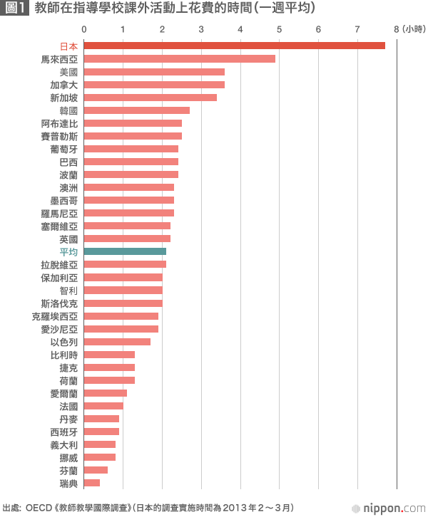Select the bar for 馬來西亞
pyautogui.click(x=179, y=58)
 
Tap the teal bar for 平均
pyautogui.click(x=125, y=251)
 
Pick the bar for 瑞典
pyautogui.click(x=92, y=483)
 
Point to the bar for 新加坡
pyautogui.click(x=150, y=97)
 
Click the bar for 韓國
pyautogui.click(x=136, y=110)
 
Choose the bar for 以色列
pyautogui.click(x=117, y=341)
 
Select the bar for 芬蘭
pyautogui.click(x=96, y=470)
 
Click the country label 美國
pyautogui.click(x=69, y=72)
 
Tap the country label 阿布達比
pyautogui.click(x=60, y=123)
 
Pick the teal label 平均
pyautogui.click(x=69, y=251)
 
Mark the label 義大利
pyautogui.click(x=65, y=444)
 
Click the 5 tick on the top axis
pyautogui.click(x=279, y=29)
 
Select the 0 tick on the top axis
pyautogui.click(x=84, y=29)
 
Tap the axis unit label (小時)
pyautogui.click(x=413, y=29)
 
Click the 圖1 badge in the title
pyautogui.click(x=15, y=9)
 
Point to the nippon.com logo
pyautogui.click(x=393, y=508)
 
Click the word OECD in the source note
pyautogui.click(x=36, y=508)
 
